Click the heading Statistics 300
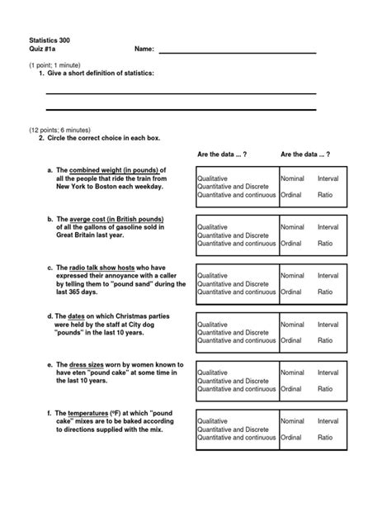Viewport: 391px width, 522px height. (52, 40)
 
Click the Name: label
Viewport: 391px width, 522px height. (144, 50)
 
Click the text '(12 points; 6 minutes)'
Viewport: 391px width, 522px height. (63, 130)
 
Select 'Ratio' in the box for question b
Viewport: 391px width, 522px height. (325, 244)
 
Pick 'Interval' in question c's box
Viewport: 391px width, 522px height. (327, 276)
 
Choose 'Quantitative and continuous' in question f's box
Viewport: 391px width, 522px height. (237, 438)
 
